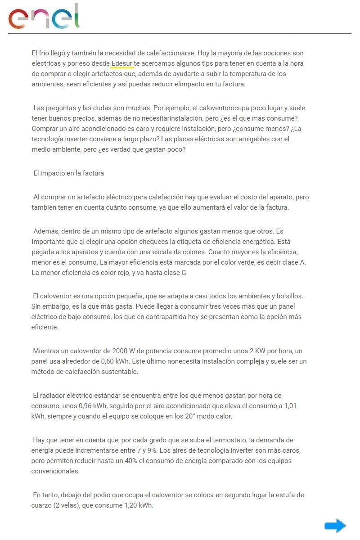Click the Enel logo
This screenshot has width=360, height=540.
[x=44, y=17]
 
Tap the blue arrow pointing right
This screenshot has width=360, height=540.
[x=335, y=526]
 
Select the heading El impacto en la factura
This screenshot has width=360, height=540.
[x=69, y=173]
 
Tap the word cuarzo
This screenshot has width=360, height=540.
[x=41, y=505]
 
